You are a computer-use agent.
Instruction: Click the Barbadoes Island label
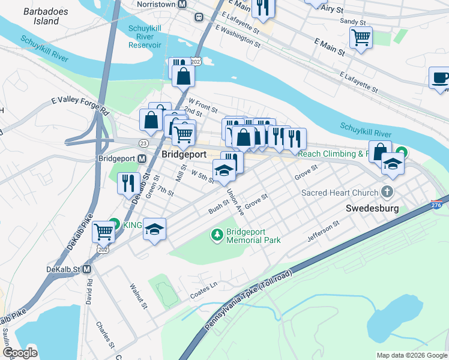41,16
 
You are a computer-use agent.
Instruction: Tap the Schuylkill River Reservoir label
145,37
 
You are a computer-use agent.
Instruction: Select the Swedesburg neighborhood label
372,209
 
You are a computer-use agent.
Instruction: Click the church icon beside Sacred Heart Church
388,192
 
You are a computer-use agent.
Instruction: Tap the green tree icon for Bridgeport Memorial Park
216,235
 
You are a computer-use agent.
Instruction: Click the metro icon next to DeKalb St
87,269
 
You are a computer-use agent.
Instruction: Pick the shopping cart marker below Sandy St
361,37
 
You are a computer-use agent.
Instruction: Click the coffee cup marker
440,77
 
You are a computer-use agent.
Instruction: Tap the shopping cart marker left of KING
103,230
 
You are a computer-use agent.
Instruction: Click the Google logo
20,353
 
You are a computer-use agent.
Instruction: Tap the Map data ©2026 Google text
412,355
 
